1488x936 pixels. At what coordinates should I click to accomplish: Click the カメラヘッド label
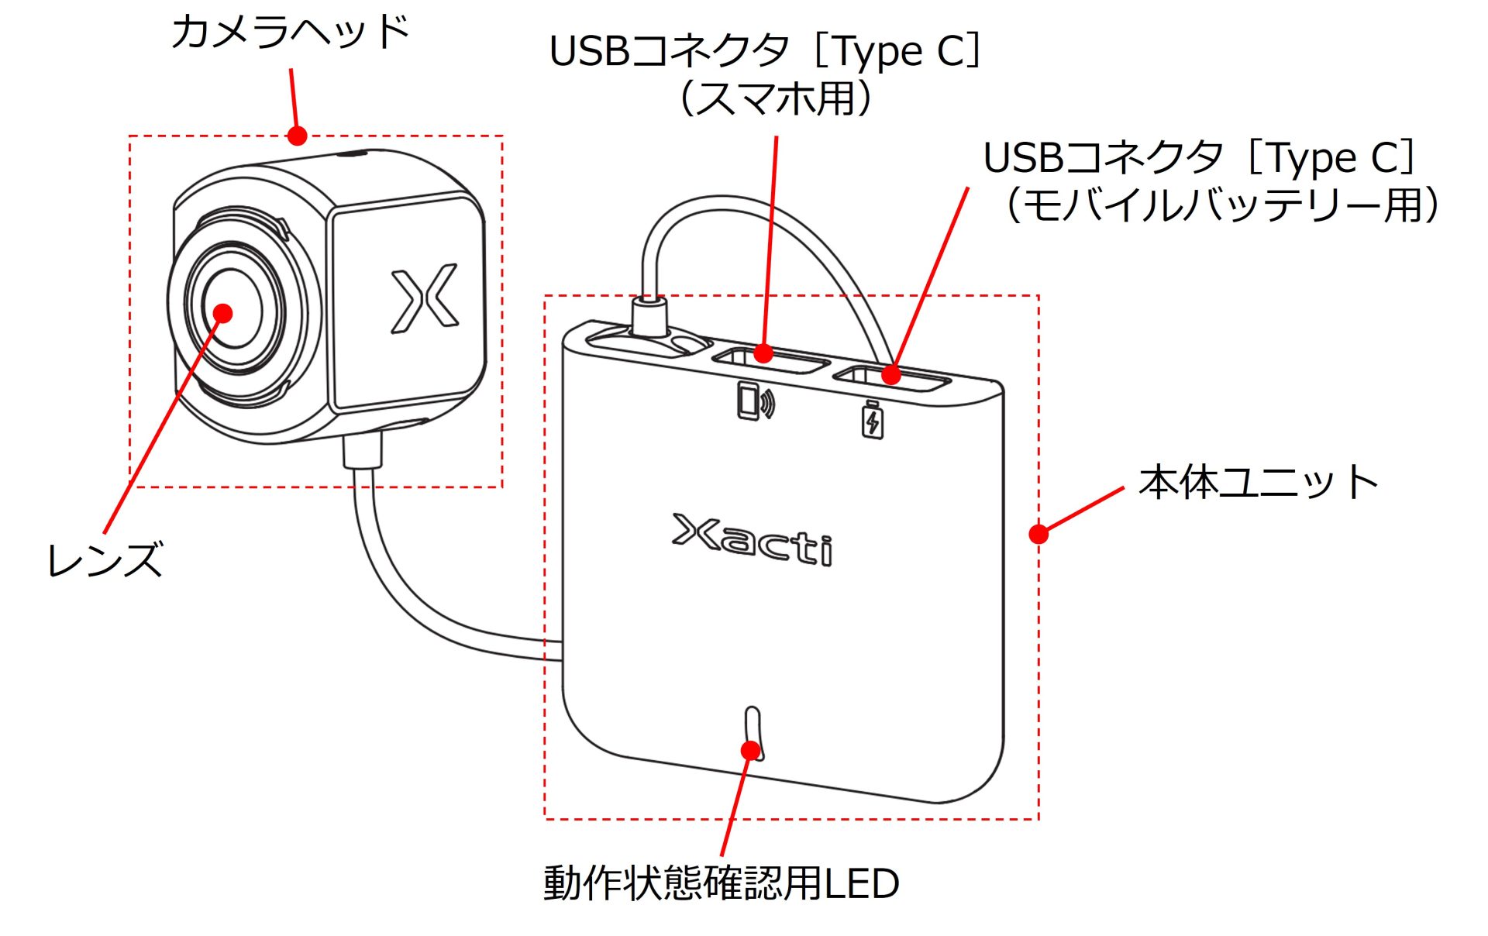pyautogui.click(x=290, y=33)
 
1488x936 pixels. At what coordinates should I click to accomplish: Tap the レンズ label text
pyautogui.click(x=105, y=559)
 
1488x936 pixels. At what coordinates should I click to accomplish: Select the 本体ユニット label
pyautogui.click(x=1258, y=482)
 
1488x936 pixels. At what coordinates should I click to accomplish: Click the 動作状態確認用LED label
pyautogui.click(x=721, y=883)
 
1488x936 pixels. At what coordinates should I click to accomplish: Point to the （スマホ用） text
pyautogui.click(x=776, y=99)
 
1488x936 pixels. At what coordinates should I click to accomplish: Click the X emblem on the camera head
pyautogui.click(x=424, y=298)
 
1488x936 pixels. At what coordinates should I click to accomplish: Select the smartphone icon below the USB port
pyautogui.click(x=754, y=401)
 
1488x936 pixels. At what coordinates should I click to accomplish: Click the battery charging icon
pyautogui.click(x=873, y=419)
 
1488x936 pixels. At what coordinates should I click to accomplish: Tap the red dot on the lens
pyautogui.click(x=223, y=313)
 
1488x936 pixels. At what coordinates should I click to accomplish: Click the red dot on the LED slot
pyautogui.click(x=750, y=750)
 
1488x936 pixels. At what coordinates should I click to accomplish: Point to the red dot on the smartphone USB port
pyautogui.click(x=763, y=353)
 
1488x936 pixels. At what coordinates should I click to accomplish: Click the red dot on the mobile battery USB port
pyautogui.click(x=891, y=375)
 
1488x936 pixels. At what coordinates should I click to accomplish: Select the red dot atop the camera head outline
pyautogui.click(x=298, y=136)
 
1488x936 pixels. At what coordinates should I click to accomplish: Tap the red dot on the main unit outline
pyautogui.click(x=1038, y=533)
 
